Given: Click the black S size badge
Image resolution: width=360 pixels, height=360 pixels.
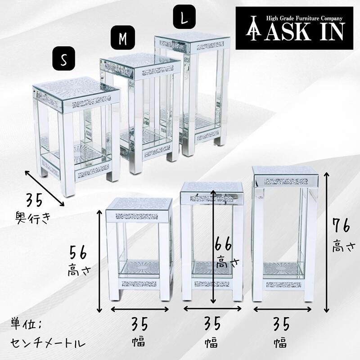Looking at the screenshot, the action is [63, 58].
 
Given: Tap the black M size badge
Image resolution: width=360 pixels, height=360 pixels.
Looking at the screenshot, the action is [123, 37].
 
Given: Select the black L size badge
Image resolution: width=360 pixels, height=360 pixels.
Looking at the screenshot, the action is [184, 17].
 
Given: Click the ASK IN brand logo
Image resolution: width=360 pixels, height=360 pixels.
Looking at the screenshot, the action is [294, 28].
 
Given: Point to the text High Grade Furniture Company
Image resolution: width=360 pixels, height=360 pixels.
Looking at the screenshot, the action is [304, 18].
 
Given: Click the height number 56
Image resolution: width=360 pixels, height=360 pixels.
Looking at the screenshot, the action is [78, 252].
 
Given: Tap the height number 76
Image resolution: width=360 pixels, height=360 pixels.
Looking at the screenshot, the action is [342, 226].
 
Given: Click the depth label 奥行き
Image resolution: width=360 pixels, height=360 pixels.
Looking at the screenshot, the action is [33, 218].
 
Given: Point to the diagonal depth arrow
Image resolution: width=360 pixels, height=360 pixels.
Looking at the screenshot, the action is [45, 188].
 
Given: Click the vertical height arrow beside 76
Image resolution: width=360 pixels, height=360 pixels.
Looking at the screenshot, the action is [326, 243].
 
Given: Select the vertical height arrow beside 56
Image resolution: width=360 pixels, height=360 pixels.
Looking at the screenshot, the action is [99, 261].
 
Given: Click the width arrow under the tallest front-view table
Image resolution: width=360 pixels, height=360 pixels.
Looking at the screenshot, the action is [283, 310].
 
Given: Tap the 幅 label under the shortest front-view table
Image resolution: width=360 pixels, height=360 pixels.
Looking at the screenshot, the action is [139, 342].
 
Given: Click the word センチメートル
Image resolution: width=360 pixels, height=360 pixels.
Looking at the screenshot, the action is [48, 343].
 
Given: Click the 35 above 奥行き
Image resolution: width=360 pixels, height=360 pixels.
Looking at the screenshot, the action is [34, 200].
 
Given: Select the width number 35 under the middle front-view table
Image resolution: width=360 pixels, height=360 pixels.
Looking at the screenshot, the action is [212, 324].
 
